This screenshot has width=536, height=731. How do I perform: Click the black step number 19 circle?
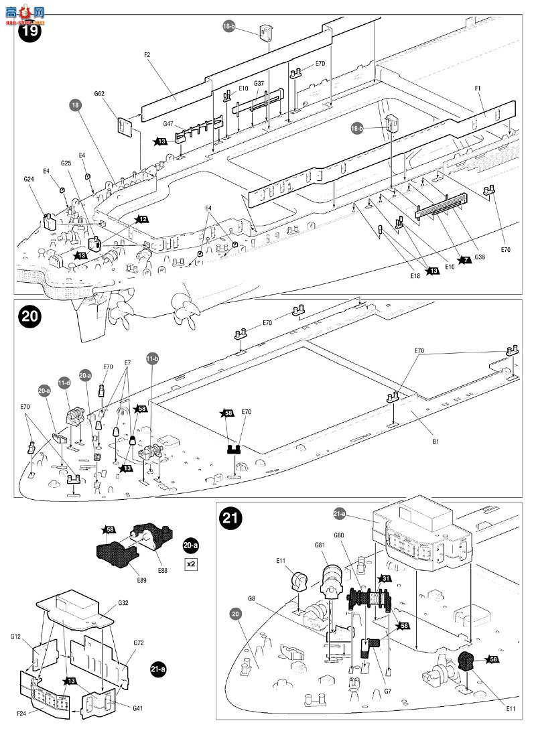pos(29,30)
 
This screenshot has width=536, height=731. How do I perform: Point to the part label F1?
pos(478,88)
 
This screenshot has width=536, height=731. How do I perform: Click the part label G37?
pos(259,84)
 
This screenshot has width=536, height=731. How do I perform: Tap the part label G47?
pos(169,124)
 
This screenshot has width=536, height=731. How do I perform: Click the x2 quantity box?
pos(191,563)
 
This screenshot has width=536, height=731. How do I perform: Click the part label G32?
pos(124,604)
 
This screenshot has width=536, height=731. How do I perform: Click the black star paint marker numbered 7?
pos(464,260)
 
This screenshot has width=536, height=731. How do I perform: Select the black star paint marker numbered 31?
pos(385,578)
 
